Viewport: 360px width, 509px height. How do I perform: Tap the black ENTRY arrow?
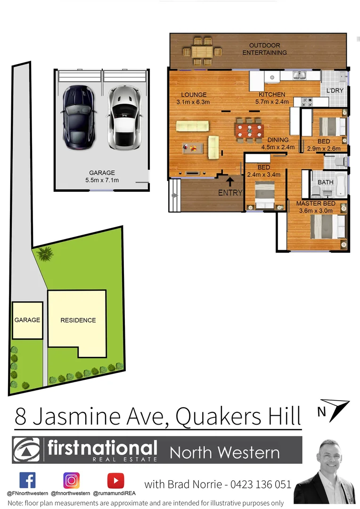(x=230, y=181)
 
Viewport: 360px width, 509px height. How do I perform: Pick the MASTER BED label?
(x=316, y=204)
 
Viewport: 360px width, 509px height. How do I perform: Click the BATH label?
(x=325, y=182)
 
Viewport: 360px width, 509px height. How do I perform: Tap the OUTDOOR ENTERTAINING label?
(x=264, y=49)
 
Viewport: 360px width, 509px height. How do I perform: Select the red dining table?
(x=248, y=130)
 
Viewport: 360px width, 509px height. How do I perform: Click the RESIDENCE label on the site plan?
(x=78, y=320)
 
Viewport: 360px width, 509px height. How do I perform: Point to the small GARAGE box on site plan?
(x=27, y=320)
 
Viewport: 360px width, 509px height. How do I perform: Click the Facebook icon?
(x=27, y=480)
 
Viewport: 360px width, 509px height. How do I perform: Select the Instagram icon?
(x=72, y=480)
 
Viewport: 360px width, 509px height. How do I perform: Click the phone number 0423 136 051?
(x=261, y=484)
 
